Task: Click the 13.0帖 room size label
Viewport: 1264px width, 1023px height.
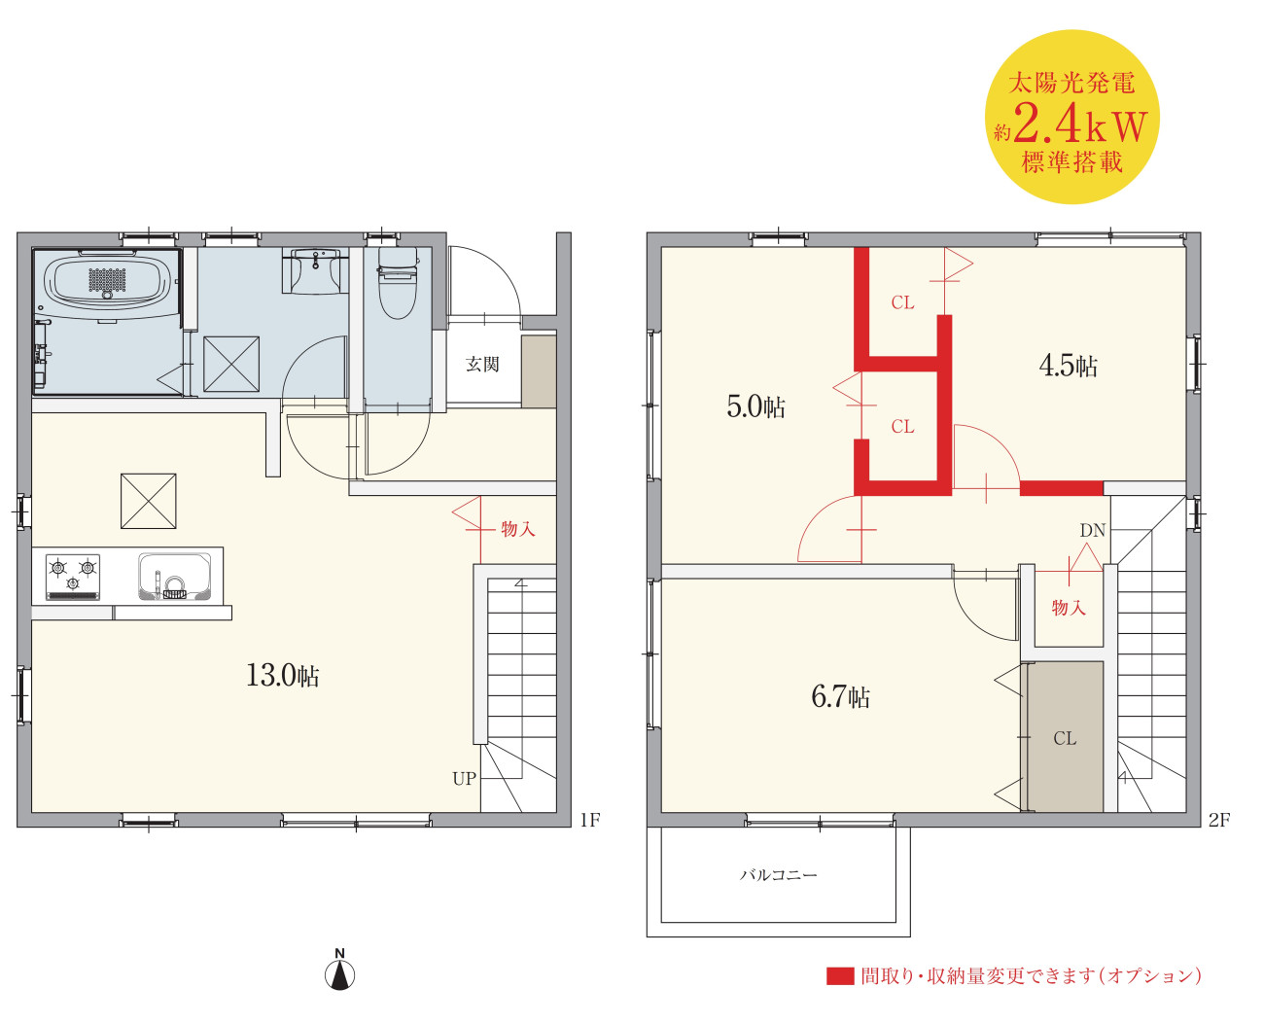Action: point(283,675)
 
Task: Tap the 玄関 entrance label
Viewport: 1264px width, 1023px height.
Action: point(482,364)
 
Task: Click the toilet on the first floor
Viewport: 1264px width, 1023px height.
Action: point(397,283)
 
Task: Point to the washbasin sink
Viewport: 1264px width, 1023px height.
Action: point(316,270)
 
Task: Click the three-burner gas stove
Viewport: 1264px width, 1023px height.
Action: point(72,578)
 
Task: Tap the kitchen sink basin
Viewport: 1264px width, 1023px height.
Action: point(174,577)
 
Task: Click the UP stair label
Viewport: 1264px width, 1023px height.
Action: point(464,779)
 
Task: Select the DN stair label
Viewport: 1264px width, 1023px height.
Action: point(1093,530)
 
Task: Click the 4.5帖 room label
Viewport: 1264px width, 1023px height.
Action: point(1068,365)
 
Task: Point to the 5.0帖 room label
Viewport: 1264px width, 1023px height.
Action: point(755,406)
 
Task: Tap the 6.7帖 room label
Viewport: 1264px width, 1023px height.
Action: point(840,696)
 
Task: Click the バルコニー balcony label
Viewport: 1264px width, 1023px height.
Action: point(778,874)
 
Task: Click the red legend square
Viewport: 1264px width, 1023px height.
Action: point(840,976)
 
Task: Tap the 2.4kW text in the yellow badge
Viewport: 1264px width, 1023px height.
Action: point(1079,123)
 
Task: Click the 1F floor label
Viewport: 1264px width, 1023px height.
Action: point(590,820)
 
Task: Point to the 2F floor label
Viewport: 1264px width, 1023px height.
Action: point(1219,820)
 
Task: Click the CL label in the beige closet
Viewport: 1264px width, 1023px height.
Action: point(1065,738)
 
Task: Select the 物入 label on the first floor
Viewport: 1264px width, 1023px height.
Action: point(517,528)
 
